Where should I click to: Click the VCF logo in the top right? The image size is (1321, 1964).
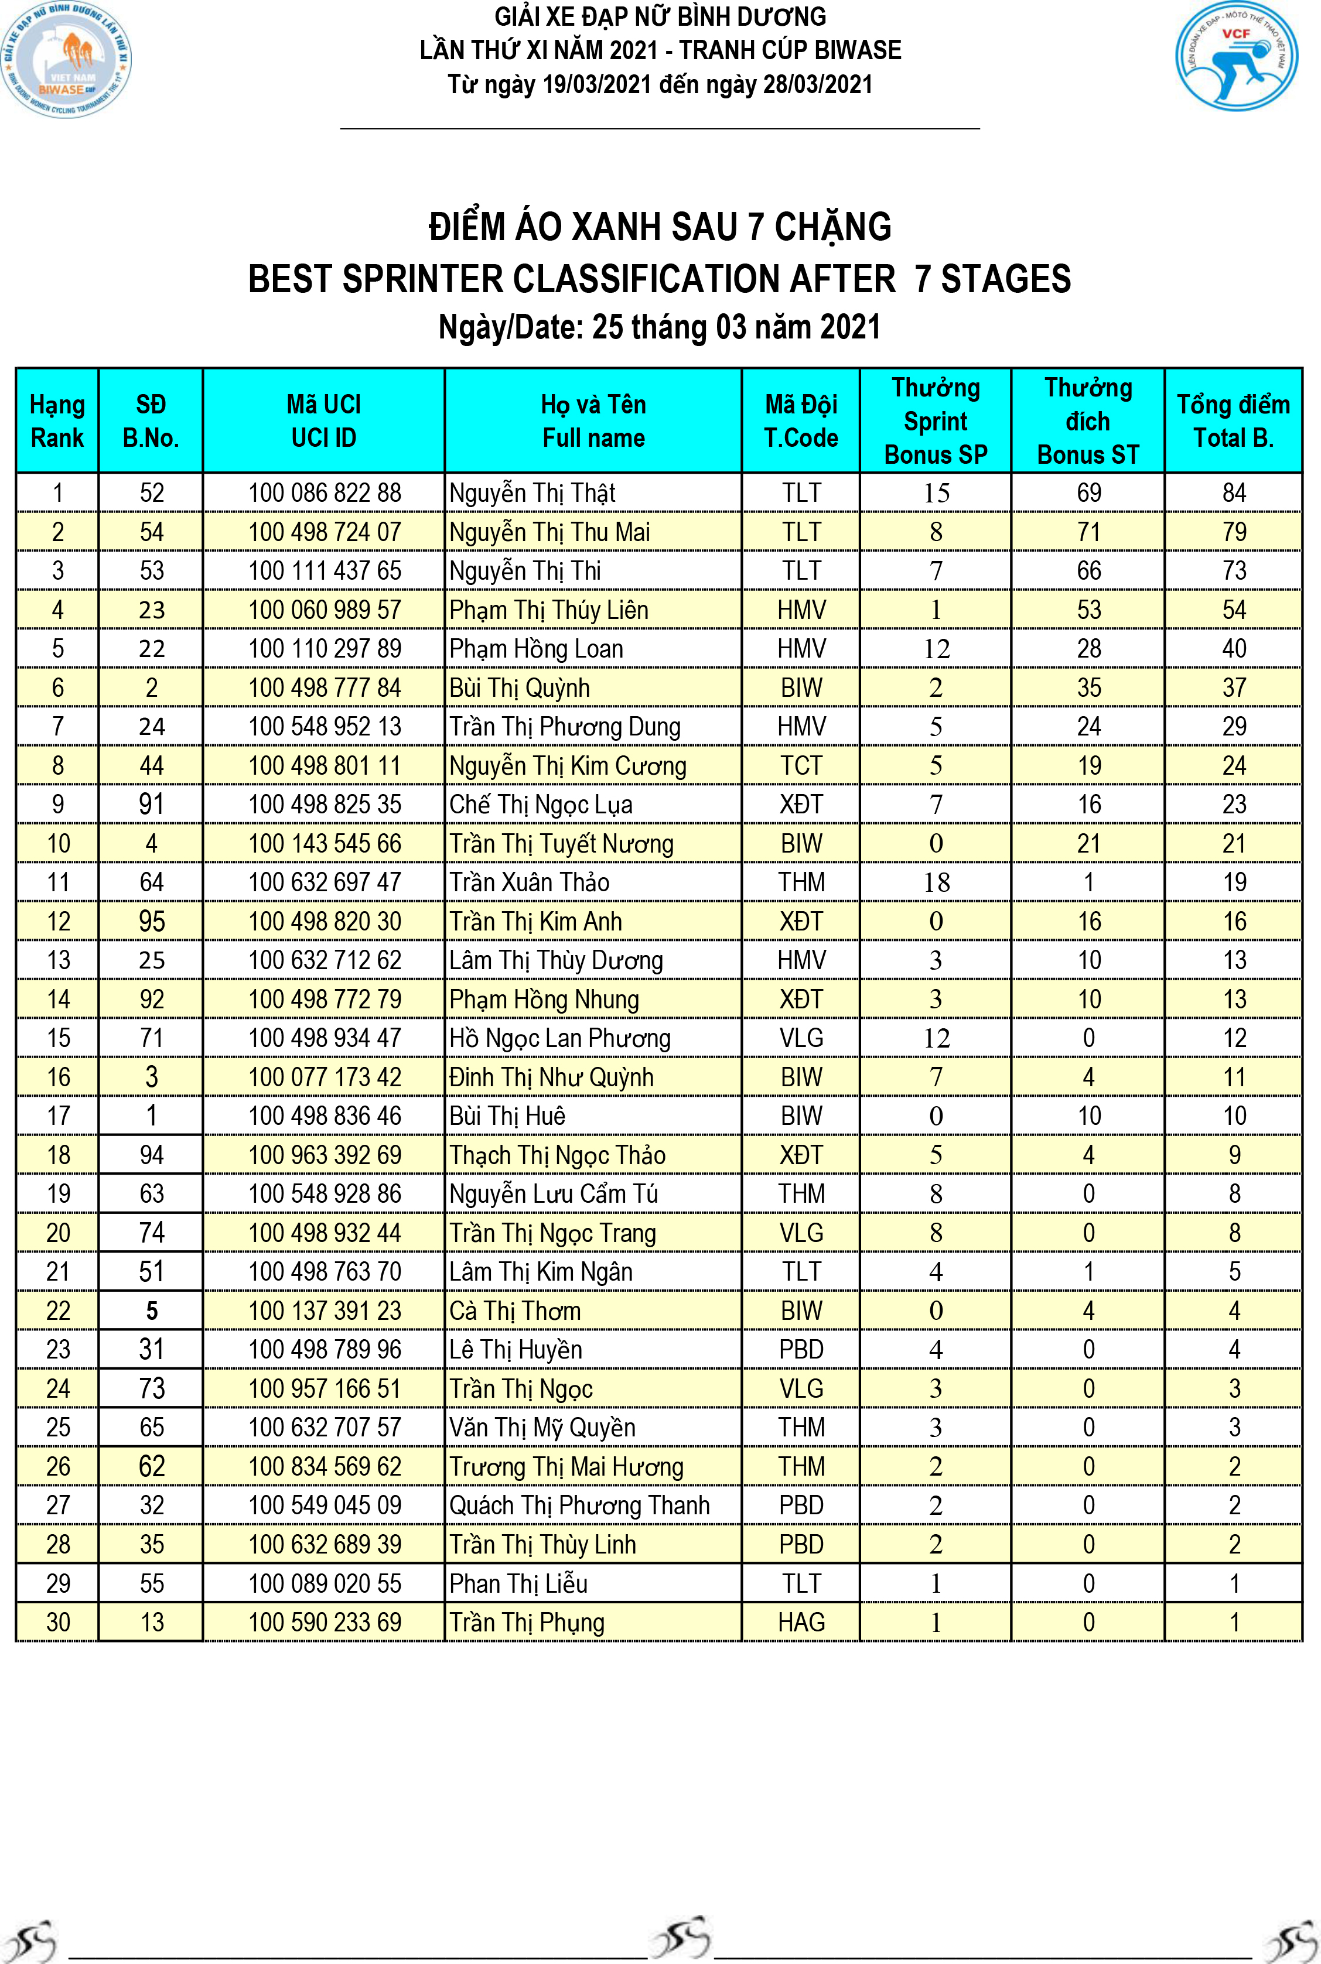pyautogui.click(x=1236, y=56)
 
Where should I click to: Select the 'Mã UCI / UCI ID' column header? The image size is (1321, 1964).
pyautogui.click(x=323, y=420)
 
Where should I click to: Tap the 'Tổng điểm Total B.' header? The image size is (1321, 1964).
pyautogui.click(x=1233, y=420)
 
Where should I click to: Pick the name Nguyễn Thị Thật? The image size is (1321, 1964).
pyautogui.click(x=533, y=492)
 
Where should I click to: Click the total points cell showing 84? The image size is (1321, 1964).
pyautogui.click(x=1233, y=492)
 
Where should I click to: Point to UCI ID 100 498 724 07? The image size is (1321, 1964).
pyautogui.click(x=325, y=532)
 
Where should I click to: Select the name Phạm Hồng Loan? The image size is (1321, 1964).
pyautogui.click(x=536, y=648)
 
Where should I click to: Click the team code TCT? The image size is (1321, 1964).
pyautogui.click(x=800, y=765)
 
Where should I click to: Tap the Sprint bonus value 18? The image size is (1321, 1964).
pyautogui.click(x=936, y=882)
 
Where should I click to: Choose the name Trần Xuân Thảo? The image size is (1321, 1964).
pyautogui.click(x=529, y=882)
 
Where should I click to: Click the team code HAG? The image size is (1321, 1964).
pyautogui.click(x=800, y=1622)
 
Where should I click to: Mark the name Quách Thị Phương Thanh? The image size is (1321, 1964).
pyautogui.click(x=579, y=1505)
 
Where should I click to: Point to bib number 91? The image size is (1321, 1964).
pyautogui.click(x=152, y=805)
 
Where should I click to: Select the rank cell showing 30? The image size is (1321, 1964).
pyautogui.click(x=58, y=1622)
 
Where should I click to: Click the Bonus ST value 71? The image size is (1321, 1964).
pyautogui.click(x=1088, y=532)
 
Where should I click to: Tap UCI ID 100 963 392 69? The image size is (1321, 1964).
pyautogui.click(x=325, y=1155)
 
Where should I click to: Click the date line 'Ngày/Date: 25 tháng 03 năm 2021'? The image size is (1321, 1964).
pyautogui.click(x=660, y=327)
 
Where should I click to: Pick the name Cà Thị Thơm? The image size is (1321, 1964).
pyautogui.click(x=515, y=1311)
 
